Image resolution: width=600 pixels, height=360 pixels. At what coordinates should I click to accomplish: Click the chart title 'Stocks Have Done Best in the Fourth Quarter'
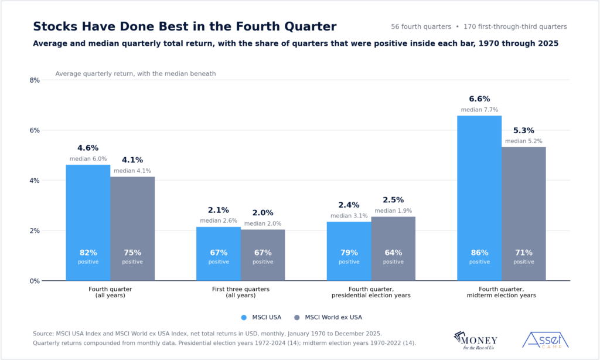(x=185, y=26)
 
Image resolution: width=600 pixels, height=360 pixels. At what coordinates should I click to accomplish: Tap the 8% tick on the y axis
(x=35, y=80)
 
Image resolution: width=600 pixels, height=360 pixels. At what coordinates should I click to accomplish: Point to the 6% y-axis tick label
(x=35, y=130)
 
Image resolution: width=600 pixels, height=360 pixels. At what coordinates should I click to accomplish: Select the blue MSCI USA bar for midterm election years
(x=479, y=198)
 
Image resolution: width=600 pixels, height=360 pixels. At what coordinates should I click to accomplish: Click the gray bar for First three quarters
(x=263, y=255)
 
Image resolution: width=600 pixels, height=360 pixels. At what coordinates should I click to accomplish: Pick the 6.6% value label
(x=479, y=99)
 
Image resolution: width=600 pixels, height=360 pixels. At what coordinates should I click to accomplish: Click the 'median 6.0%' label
(x=88, y=158)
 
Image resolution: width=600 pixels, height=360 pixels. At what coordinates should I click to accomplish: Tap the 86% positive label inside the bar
(x=479, y=257)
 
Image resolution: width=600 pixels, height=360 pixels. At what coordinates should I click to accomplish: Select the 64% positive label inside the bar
(x=393, y=257)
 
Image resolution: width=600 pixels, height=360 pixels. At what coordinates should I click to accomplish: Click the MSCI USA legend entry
(x=261, y=317)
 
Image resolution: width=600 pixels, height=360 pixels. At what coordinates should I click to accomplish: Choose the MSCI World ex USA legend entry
(x=328, y=317)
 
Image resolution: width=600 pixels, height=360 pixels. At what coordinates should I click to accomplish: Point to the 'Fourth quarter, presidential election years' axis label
(x=371, y=292)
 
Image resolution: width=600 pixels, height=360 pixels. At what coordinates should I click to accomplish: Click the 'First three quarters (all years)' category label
(x=241, y=292)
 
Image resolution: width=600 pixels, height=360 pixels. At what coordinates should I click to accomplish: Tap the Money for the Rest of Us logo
(x=476, y=341)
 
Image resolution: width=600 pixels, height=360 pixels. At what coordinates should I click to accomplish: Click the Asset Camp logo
(x=546, y=340)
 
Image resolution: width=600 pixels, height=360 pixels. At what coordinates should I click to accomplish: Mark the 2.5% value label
(x=393, y=200)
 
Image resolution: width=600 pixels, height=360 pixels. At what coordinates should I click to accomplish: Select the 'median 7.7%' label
(x=479, y=110)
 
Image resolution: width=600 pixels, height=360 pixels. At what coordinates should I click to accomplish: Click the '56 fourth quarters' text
(x=421, y=27)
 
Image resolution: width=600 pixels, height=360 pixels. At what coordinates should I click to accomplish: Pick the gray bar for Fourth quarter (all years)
(x=132, y=229)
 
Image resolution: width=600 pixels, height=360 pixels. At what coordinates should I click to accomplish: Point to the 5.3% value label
(x=523, y=131)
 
